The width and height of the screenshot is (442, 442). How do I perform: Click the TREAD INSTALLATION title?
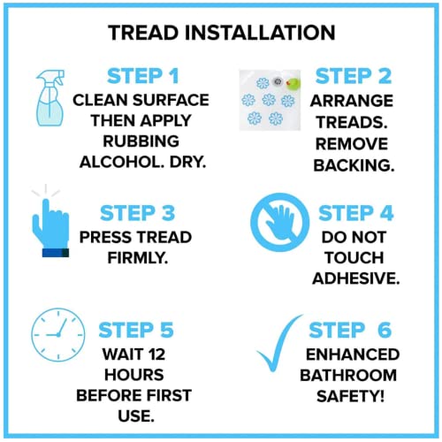pos(221,34)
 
